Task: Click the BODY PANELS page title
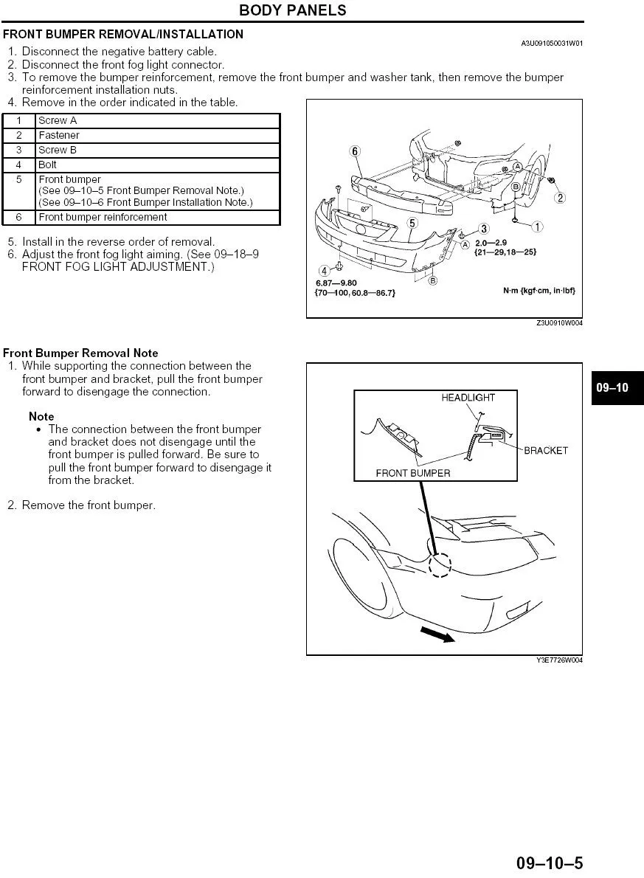coord(293,10)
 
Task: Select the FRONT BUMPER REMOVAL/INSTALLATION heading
coord(123,34)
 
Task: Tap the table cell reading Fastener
coord(59,136)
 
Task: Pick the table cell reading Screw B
coord(58,151)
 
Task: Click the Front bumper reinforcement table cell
coord(103,218)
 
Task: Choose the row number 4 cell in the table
coord(19,165)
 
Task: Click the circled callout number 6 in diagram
coord(355,152)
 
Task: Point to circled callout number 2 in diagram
coord(561,198)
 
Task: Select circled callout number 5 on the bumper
coord(412,222)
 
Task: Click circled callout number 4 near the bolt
coord(323,270)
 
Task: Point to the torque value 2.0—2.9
coord(491,243)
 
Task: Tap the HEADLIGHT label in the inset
coord(468,398)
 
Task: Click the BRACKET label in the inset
coord(546,451)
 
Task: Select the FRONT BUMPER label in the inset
coord(412,473)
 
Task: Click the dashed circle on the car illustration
coord(440,565)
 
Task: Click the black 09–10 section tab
coord(612,387)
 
